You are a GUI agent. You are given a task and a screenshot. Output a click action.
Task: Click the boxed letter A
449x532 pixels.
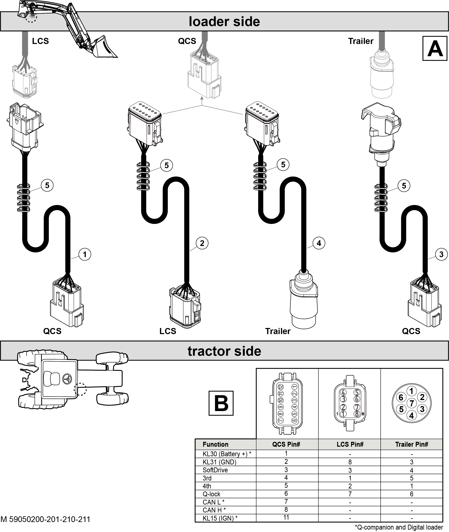click(x=435, y=48)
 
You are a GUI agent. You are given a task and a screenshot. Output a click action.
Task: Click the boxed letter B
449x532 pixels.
click(x=221, y=403)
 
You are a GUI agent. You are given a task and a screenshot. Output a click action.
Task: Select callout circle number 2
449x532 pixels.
click(x=202, y=243)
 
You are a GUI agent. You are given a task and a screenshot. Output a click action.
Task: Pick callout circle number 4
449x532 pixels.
click(x=319, y=243)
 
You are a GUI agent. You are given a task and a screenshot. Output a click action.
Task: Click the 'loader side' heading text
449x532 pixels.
click(x=224, y=21)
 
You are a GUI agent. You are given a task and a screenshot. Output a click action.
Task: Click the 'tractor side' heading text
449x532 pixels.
click(x=224, y=351)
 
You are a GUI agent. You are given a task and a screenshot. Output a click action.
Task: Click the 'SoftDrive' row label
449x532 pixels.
click(x=215, y=470)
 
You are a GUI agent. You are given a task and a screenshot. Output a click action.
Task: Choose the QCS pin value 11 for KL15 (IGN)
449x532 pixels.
click(x=286, y=517)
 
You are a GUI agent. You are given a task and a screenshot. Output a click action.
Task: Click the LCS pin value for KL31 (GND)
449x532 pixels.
click(x=350, y=462)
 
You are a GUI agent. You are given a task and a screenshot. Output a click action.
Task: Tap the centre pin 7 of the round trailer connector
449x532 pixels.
click(x=412, y=403)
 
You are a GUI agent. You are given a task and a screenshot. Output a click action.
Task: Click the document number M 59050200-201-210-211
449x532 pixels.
click(x=45, y=519)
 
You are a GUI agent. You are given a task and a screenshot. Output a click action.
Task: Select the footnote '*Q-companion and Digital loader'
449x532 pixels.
click(x=399, y=527)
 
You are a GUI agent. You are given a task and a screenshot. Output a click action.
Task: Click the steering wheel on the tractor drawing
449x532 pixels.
click(x=67, y=379)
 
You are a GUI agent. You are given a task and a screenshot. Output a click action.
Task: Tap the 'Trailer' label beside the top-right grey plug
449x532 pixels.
click(x=361, y=41)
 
